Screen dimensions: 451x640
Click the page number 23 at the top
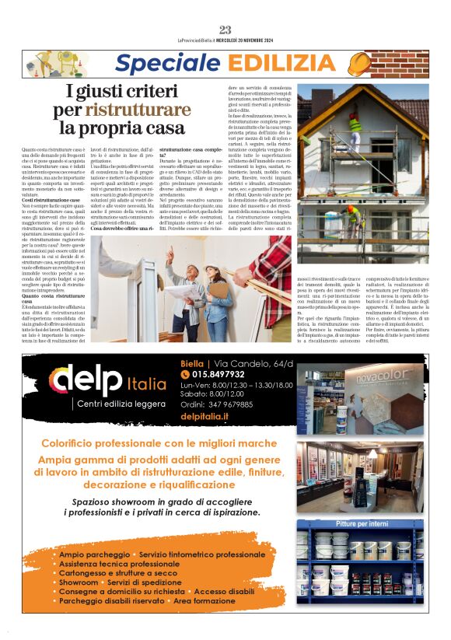(226, 30)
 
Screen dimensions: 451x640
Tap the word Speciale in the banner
(162, 64)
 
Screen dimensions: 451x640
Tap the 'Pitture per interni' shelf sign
(362, 524)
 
